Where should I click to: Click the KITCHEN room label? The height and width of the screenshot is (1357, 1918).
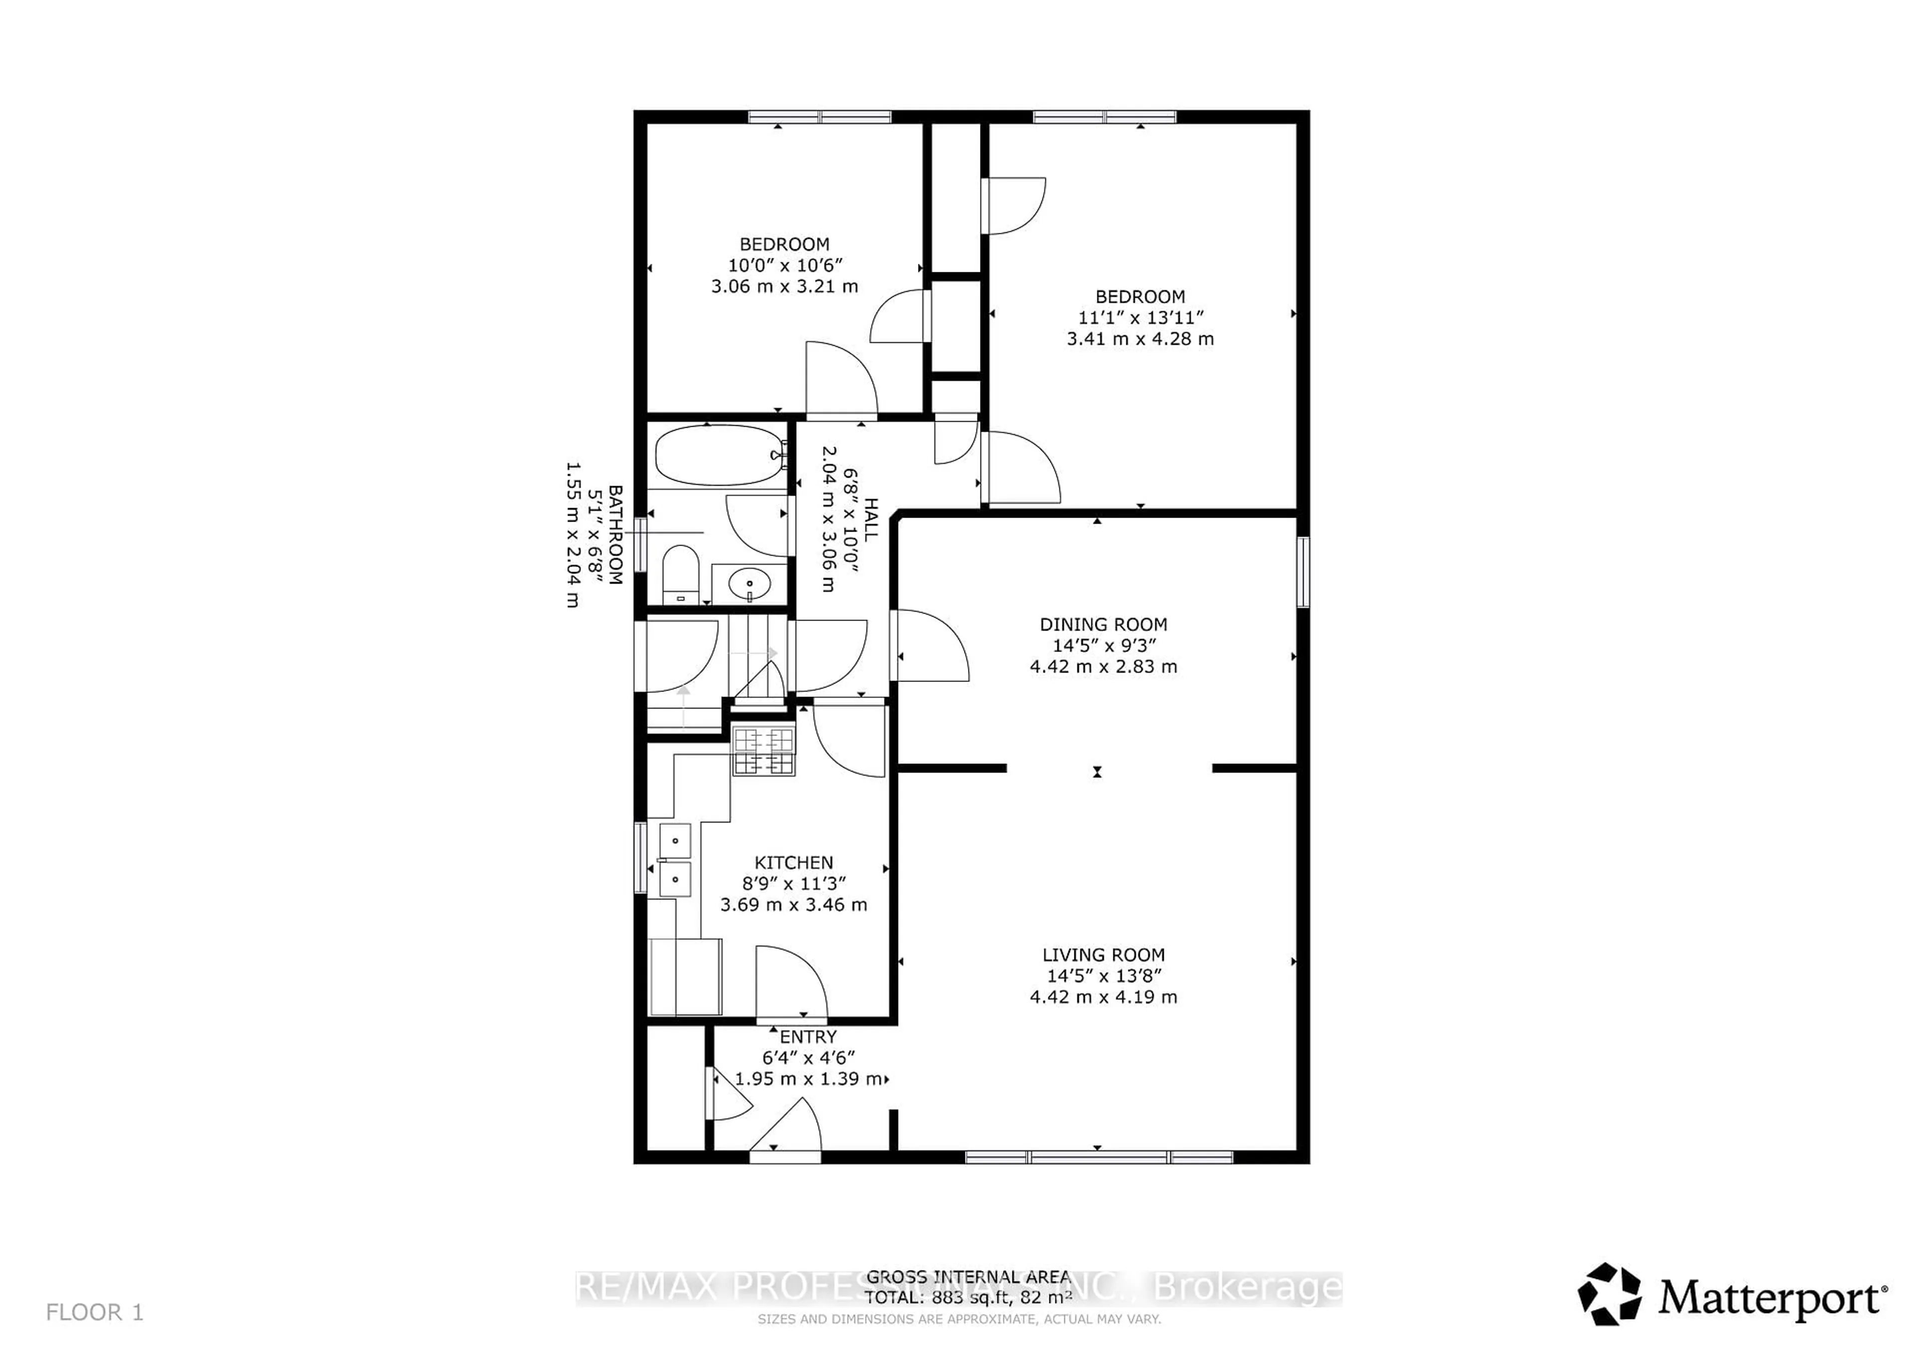coord(794,862)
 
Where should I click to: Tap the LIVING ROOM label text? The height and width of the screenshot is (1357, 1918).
coord(1103,954)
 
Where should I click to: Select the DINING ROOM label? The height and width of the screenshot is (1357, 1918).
coord(1103,624)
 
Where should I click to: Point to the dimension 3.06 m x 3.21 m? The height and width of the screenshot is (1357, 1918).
coord(784,286)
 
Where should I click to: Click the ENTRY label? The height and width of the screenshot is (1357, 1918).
coord(808,1037)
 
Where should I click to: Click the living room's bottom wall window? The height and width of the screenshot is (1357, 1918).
coord(1098,1157)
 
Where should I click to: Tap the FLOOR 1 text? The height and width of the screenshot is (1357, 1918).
coord(94,1313)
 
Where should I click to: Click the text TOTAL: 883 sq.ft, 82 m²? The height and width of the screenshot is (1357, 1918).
coord(967,1298)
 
